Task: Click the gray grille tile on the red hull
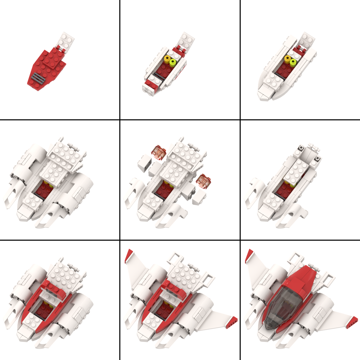[36, 79]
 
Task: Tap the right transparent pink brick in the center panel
[204, 181]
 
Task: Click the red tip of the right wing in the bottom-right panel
[352, 322]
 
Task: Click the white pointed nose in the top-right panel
[265, 94]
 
